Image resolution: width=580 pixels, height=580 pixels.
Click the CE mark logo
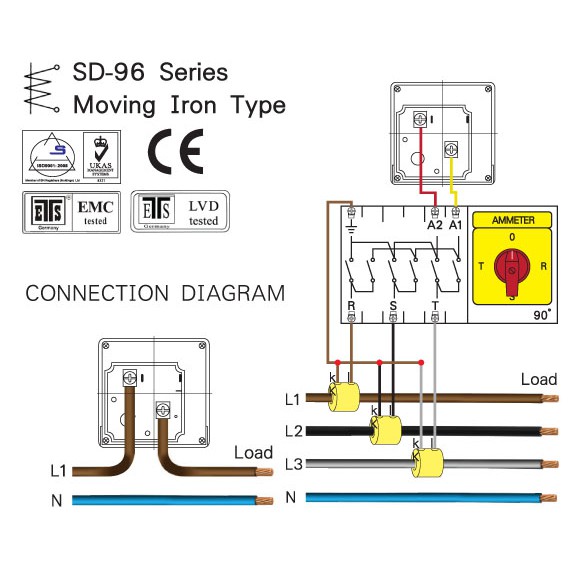(x=175, y=153)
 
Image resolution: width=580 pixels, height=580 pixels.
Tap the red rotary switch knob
(x=512, y=267)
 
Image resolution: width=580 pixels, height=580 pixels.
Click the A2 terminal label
(x=434, y=227)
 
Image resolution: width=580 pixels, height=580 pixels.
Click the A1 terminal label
(x=456, y=227)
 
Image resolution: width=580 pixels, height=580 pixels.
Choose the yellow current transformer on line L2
(x=386, y=430)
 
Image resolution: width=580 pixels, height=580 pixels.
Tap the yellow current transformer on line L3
(x=427, y=464)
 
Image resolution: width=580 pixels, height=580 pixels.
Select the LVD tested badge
(x=180, y=211)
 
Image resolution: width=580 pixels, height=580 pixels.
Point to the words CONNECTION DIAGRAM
(x=155, y=294)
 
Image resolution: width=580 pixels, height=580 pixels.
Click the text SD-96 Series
(x=150, y=73)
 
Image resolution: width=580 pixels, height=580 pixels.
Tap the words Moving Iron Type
(x=179, y=105)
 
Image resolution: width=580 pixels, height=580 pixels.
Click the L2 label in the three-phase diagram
(x=292, y=431)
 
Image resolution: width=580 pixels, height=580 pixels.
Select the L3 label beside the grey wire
(x=292, y=464)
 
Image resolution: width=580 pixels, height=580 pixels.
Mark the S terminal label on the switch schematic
(x=392, y=305)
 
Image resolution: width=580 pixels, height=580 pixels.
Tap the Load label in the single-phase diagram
(x=253, y=453)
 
